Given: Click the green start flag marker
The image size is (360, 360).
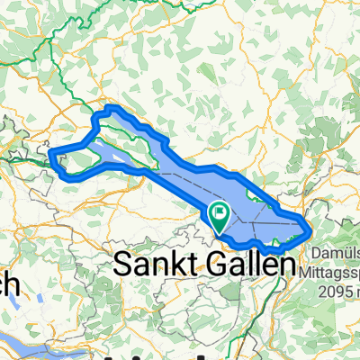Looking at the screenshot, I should coord(219,214).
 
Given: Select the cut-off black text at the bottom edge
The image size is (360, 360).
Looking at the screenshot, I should coord(180,354).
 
